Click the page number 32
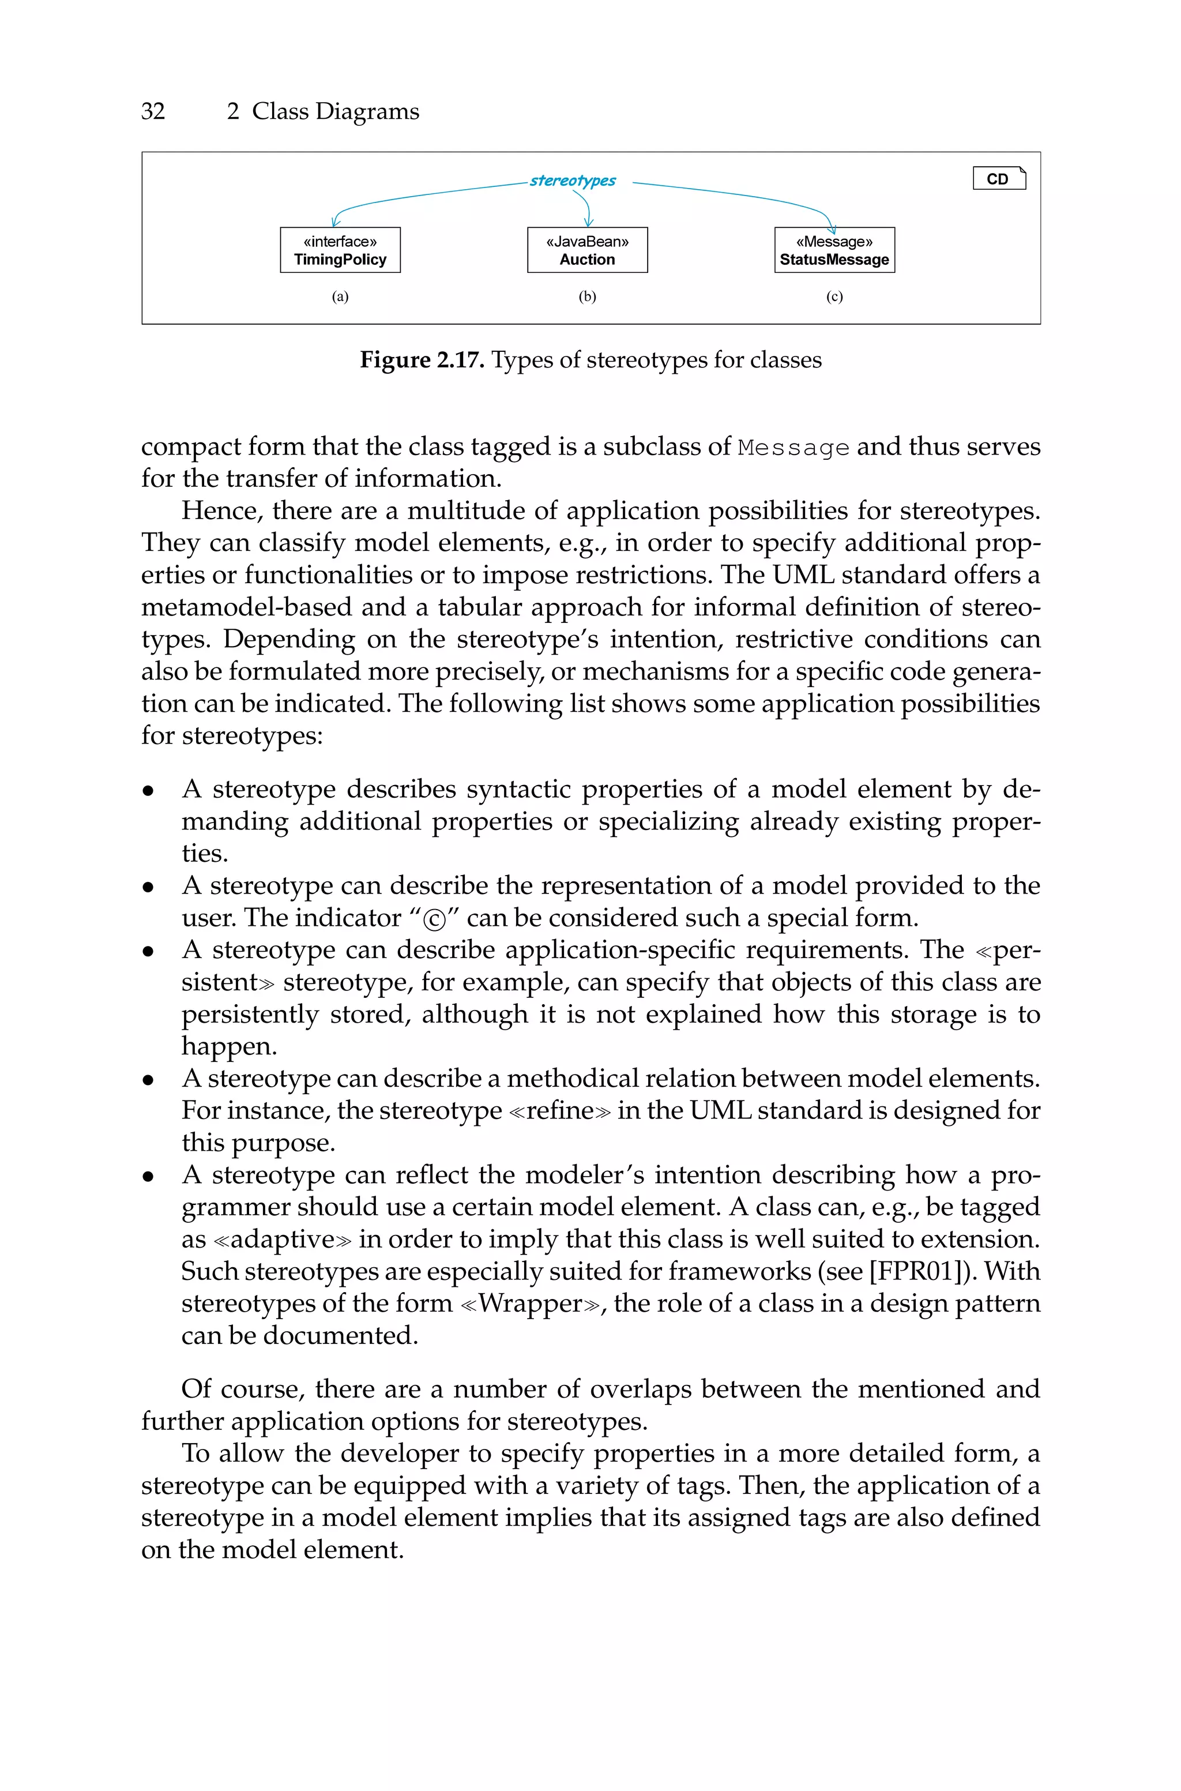click(x=153, y=111)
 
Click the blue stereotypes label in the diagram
click(x=573, y=181)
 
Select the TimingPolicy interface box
click(x=340, y=250)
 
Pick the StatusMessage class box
click(x=834, y=250)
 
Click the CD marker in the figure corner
click(x=999, y=178)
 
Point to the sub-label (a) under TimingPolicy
click(x=340, y=296)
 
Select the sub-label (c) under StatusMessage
click(x=834, y=296)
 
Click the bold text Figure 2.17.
click(x=422, y=360)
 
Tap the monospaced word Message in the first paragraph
click(x=794, y=448)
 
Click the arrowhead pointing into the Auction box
click(x=589, y=222)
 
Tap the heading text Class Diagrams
click(x=335, y=111)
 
